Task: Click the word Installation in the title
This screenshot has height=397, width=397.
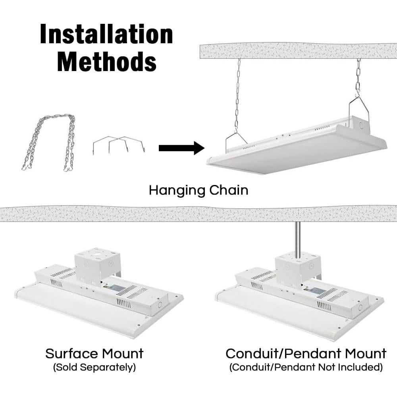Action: [106, 34]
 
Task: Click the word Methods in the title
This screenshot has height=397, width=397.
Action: [106, 61]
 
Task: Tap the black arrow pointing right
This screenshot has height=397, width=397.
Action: [181, 148]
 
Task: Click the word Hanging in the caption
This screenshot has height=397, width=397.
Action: [177, 191]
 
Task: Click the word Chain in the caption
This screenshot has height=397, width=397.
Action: [229, 190]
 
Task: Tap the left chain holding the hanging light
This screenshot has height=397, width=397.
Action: [237, 96]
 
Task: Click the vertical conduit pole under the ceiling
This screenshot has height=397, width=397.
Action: [298, 241]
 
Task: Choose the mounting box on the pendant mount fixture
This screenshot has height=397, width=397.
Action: [298, 268]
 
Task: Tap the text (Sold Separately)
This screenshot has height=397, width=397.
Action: [94, 367]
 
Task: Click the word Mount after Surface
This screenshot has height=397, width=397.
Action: [122, 353]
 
